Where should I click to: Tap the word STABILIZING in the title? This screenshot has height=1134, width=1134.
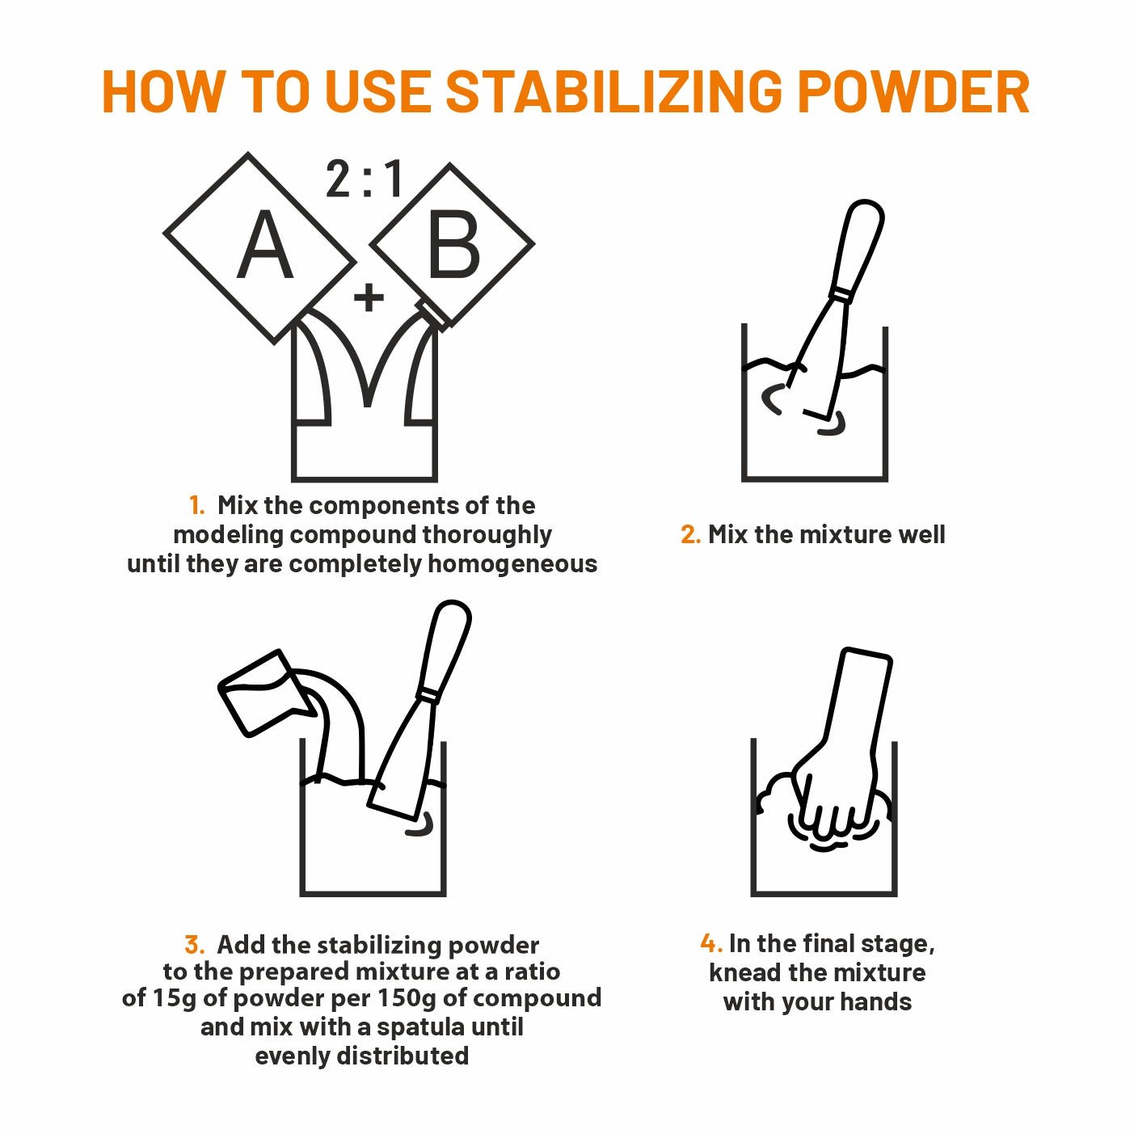pyautogui.click(x=614, y=92)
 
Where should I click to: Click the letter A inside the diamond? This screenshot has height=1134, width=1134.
pyautogui.click(x=265, y=245)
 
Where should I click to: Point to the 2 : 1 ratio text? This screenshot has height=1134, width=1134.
pyautogui.click(x=365, y=179)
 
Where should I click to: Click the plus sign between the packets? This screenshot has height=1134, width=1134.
pyautogui.click(x=369, y=297)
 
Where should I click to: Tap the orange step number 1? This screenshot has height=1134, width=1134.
pyautogui.click(x=196, y=505)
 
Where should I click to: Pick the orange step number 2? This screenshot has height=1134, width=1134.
pyautogui.click(x=690, y=534)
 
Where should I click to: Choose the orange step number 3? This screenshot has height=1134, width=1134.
pyautogui.click(x=194, y=945)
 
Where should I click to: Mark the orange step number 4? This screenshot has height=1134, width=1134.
pyautogui.click(x=711, y=943)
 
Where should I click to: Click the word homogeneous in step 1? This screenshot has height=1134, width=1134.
pyautogui.click(x=512, y=564)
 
